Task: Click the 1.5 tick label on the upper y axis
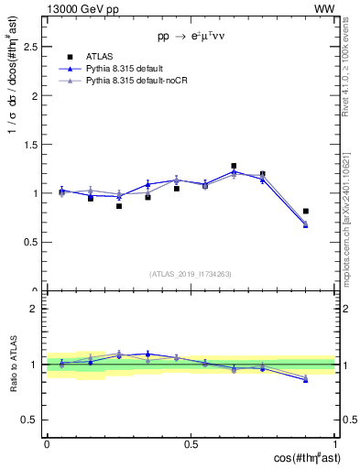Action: point(32,145)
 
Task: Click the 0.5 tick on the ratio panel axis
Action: point(32,420)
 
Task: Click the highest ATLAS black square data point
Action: point(235,166)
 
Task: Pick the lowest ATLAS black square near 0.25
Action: point(119,206)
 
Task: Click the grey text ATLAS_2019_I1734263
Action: point(191,273)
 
